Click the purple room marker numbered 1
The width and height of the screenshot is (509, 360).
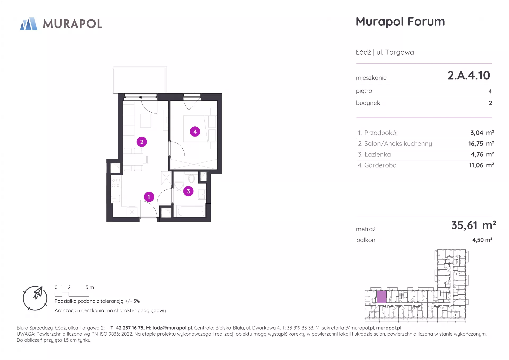[149, 197]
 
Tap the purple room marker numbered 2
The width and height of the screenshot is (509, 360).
[142, 142]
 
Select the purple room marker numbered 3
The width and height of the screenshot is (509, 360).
[188, 191]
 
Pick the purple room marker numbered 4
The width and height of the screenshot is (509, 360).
[195, 131]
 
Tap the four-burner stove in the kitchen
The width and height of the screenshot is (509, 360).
[116, 183]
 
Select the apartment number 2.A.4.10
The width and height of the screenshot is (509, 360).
[469, 75]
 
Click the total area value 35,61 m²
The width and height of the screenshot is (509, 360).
[474, 225]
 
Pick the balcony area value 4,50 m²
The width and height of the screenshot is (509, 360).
[482, 240]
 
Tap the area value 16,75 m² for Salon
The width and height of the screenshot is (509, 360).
[481, 143]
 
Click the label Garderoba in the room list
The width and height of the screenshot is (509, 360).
[380, 165]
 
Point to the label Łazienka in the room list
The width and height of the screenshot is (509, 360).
[378, 154]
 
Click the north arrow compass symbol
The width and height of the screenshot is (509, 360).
[35, 298]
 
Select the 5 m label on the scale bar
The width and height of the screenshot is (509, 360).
[90, 287]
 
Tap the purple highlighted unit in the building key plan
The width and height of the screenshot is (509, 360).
[381, 297]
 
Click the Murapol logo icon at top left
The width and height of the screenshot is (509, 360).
[29, 24]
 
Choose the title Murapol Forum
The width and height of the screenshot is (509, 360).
[400, 21]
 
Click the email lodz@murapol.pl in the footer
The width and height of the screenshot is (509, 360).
[172, 328]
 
